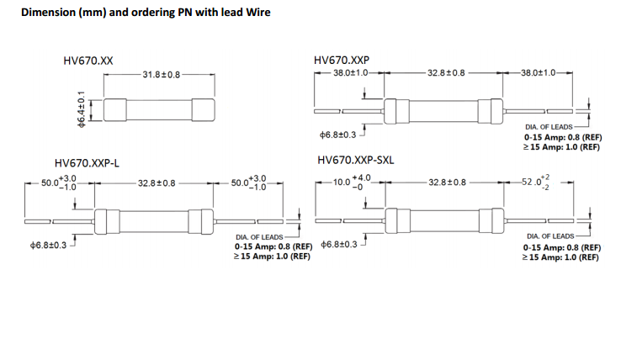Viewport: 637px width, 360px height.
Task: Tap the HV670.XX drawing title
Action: coord(88,61)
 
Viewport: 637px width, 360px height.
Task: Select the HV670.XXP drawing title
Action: coord(341,61)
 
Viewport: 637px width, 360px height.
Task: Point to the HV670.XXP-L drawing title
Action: coord(93,163)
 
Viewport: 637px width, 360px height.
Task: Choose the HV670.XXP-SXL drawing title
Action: coord(356,161)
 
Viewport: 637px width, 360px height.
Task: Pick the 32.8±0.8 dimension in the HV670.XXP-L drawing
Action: coord(157,183)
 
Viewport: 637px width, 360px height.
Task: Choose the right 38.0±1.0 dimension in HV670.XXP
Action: coord(539,73)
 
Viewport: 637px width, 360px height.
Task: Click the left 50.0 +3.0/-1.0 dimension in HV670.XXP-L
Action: coord(59,183)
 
